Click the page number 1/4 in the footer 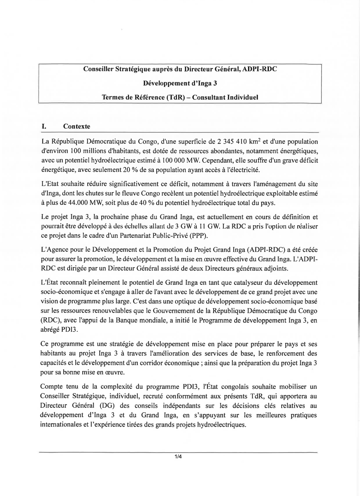click(177, 457)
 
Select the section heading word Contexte click(77, 127)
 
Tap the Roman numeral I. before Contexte click(43, 127)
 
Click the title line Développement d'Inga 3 click(180, 83)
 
